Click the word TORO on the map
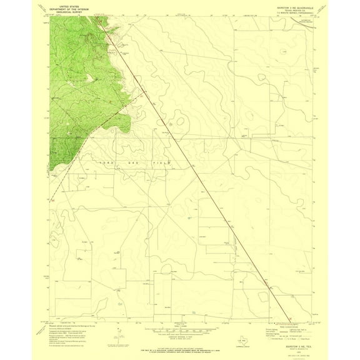104,162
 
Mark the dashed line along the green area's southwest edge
62,181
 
